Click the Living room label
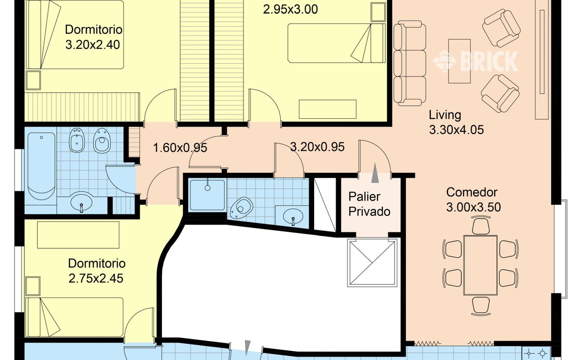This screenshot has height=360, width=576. point(456,122)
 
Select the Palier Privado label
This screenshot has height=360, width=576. point(369,204)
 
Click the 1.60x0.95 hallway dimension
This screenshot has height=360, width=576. point(180,148)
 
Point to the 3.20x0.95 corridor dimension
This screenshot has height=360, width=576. point(317,147)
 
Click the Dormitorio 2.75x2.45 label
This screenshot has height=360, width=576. point(96,271)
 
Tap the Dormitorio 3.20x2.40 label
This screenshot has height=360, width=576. point(93,37)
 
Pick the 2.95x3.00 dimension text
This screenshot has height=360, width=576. point(290,9)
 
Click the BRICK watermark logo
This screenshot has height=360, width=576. point(476,61)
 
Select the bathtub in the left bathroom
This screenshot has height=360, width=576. point(41,166)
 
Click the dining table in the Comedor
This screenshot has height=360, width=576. point(480,265)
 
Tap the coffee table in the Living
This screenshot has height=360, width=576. point(459,61)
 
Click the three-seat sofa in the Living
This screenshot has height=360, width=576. point(409,63)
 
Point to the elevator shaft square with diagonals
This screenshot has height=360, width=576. point(372,262)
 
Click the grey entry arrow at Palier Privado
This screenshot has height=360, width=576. point(375,173)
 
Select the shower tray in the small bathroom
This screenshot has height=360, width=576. point(207,195)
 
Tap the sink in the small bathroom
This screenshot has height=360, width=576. point(293,216)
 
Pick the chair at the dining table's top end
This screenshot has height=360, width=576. point(481,225)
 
